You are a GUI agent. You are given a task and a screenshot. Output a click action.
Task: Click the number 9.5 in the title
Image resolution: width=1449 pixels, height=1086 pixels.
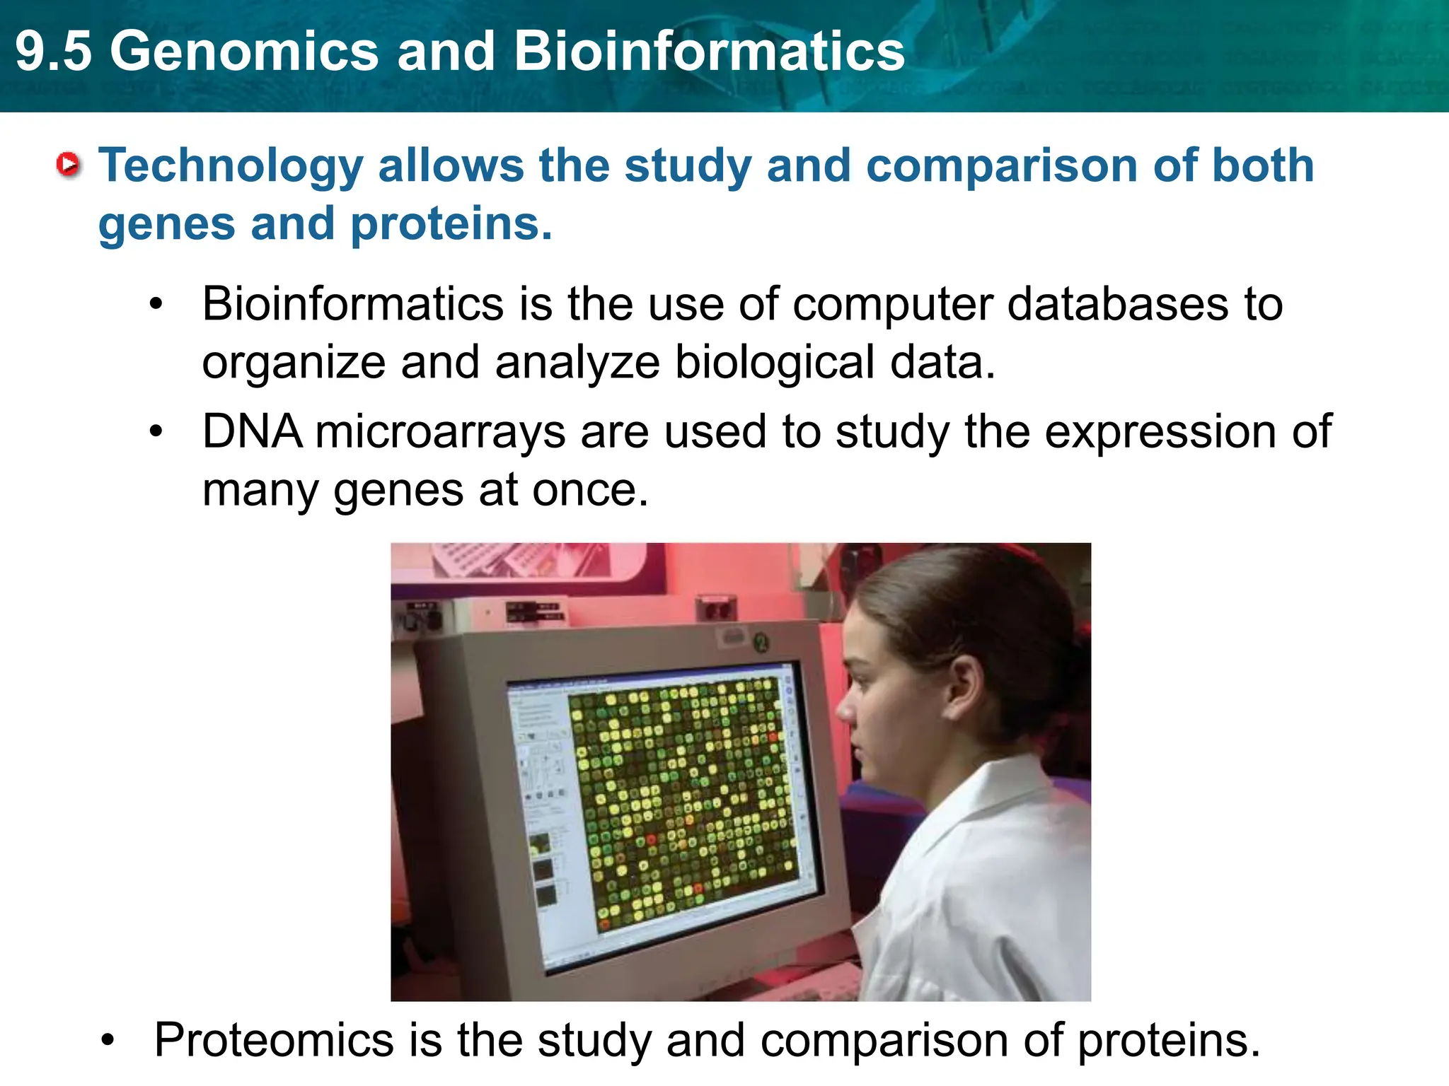(54, 52)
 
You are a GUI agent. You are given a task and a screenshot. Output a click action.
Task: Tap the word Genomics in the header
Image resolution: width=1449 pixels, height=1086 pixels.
(244, 52)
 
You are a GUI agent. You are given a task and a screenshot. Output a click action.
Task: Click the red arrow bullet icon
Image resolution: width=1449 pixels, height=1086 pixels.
(69, 165)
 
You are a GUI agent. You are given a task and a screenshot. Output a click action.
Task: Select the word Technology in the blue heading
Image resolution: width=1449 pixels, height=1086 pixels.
(230, 166)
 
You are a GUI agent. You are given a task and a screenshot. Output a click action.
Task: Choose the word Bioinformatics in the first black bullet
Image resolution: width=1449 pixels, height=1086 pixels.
(352, 304)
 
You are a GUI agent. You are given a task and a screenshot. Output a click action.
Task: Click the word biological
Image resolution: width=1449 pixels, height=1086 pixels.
(774, 362)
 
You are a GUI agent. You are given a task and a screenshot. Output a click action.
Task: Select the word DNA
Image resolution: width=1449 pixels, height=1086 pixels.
(252, 431)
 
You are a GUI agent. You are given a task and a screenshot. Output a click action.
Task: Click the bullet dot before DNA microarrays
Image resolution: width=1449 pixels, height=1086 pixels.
(156, 431)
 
